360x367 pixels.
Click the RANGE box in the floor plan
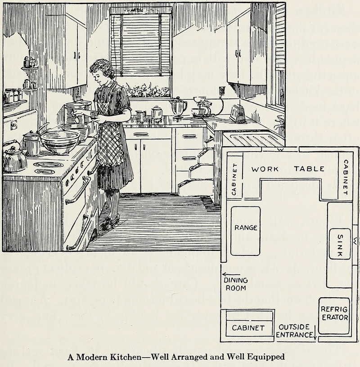click(x=245, y=231)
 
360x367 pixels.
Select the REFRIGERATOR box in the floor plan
click(x=334, y=315)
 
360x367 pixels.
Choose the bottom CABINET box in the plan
click(x=248, y=327)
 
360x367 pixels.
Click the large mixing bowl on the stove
click(x=60, y=141)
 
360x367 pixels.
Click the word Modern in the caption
click(x=92, y=358)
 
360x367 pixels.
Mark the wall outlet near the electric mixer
click(x=222, y=91)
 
